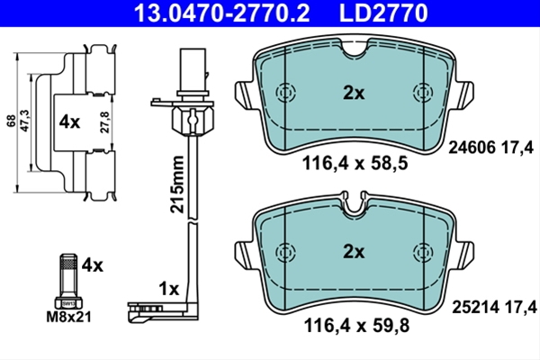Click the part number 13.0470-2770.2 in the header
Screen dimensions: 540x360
click(221, 13)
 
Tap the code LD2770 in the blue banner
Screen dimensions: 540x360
click(383, 13)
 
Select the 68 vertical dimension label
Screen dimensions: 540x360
click(12, 121)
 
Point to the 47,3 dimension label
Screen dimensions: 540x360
click(26, 121)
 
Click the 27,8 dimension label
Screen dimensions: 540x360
click(105, 121)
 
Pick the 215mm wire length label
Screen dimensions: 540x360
click(177, 184)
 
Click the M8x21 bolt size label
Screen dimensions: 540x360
click(69, 317)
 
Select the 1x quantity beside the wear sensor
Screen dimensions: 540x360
click(169, 289)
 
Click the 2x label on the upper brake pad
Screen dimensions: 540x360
click(354, 93)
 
